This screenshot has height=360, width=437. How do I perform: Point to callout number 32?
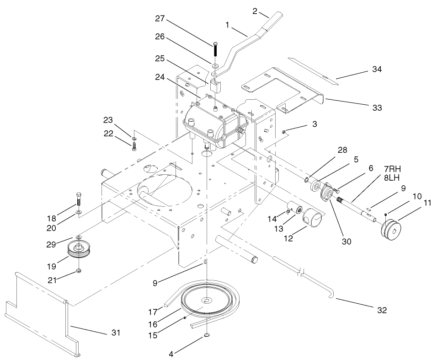pyautogui.click(x=382, y=310)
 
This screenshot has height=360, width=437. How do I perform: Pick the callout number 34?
pyautogui.click(x=377, y=70)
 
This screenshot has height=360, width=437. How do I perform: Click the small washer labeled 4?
pyautogui.click(x=207, y=336)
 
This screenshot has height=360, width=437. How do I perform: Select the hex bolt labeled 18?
pyautogui.click(x=79, y=199)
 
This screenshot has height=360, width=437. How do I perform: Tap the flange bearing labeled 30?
pyautogui.click(x=327, y=192)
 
